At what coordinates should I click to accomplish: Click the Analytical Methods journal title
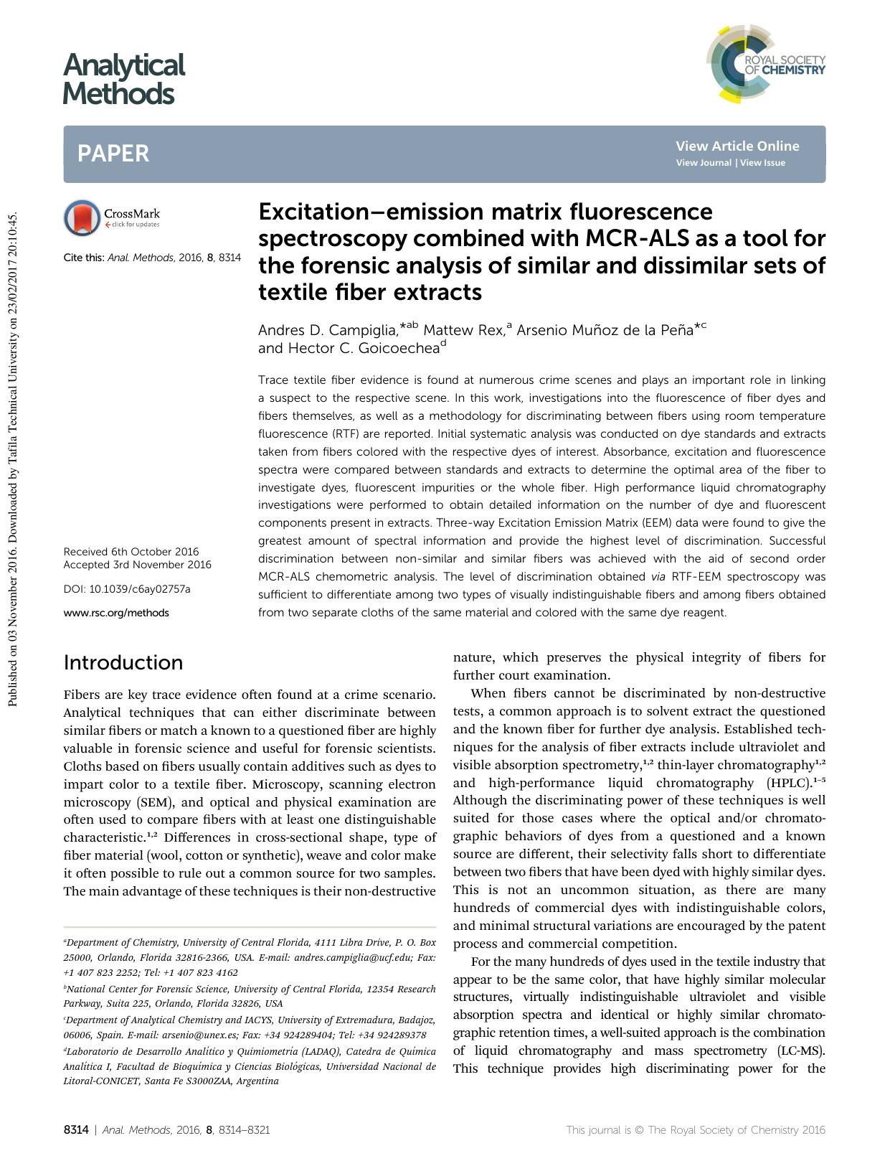[x=123, y=79]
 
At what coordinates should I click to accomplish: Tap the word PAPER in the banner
[x=113, y=154]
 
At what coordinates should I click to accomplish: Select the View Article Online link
[x=737, y=146]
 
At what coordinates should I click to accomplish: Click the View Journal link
[x=704, y=163]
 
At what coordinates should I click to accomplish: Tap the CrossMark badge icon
[x=82, y=218]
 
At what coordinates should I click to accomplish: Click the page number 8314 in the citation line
[x=230, y=257]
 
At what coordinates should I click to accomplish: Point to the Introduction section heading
[x=123, y=662]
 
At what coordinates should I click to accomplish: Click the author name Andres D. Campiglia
[x=327, y=331]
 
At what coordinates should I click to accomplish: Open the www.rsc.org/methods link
[x=116, y=613]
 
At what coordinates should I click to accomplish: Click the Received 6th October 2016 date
[x=131, y=552]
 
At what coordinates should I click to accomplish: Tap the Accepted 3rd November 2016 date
[x=137, y=565]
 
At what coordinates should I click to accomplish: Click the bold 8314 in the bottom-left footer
[x=75, y=1130]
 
